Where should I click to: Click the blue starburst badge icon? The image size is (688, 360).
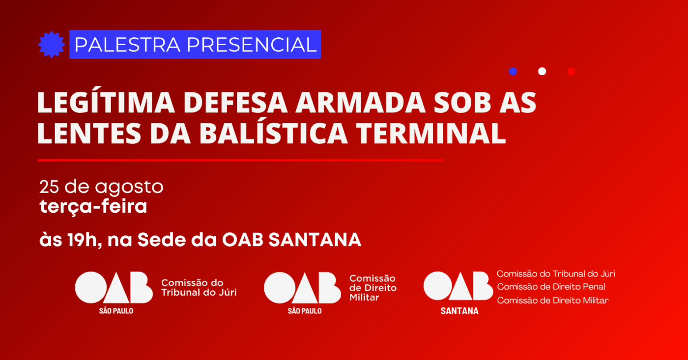pos(51,45)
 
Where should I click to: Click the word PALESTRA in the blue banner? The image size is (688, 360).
pos(127,45)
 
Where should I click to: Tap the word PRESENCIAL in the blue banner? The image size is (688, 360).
pos(252,45)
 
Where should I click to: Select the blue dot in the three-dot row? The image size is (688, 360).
pos(513,72)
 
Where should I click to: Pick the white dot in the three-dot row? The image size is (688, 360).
pos(542,72)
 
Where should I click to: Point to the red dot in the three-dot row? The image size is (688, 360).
pos(571,72)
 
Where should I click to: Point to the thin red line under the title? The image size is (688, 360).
pos(240,160)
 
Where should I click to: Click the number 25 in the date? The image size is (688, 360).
pos(49,187)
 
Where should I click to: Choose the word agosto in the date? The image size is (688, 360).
pos(129,188)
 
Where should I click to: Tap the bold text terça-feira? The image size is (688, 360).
pos(93,207)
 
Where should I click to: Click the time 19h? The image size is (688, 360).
pos(83,240)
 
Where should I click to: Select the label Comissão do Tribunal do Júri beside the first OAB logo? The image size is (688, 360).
pos(199,288)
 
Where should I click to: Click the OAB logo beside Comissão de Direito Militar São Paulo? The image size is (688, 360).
pos(302,288)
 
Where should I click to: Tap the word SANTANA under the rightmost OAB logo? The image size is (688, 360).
pos(459,311)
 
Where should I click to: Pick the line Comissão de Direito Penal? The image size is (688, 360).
pos(551,287)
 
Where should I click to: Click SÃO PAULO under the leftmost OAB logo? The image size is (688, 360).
pos(116,311)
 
